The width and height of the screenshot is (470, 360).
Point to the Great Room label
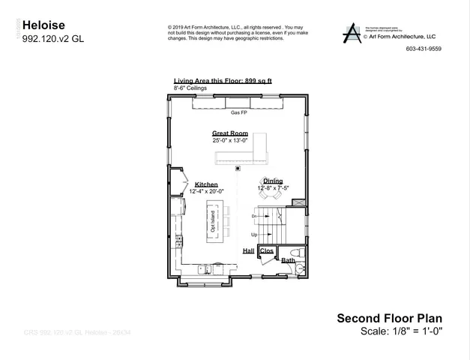tap(230, 133)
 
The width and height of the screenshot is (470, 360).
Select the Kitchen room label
tap(206, 184)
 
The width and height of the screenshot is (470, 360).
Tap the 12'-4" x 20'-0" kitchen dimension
tap(206, 191)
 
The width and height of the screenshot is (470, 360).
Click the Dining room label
tap(272, 181)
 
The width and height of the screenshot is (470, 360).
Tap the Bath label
tap(288, 260)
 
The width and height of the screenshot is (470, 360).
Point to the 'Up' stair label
tap(254, 234)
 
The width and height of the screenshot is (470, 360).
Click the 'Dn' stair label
tap(254, 216)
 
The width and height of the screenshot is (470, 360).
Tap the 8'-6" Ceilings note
tap(190, 88)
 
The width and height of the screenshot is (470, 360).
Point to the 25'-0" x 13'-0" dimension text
tap(230, 139)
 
